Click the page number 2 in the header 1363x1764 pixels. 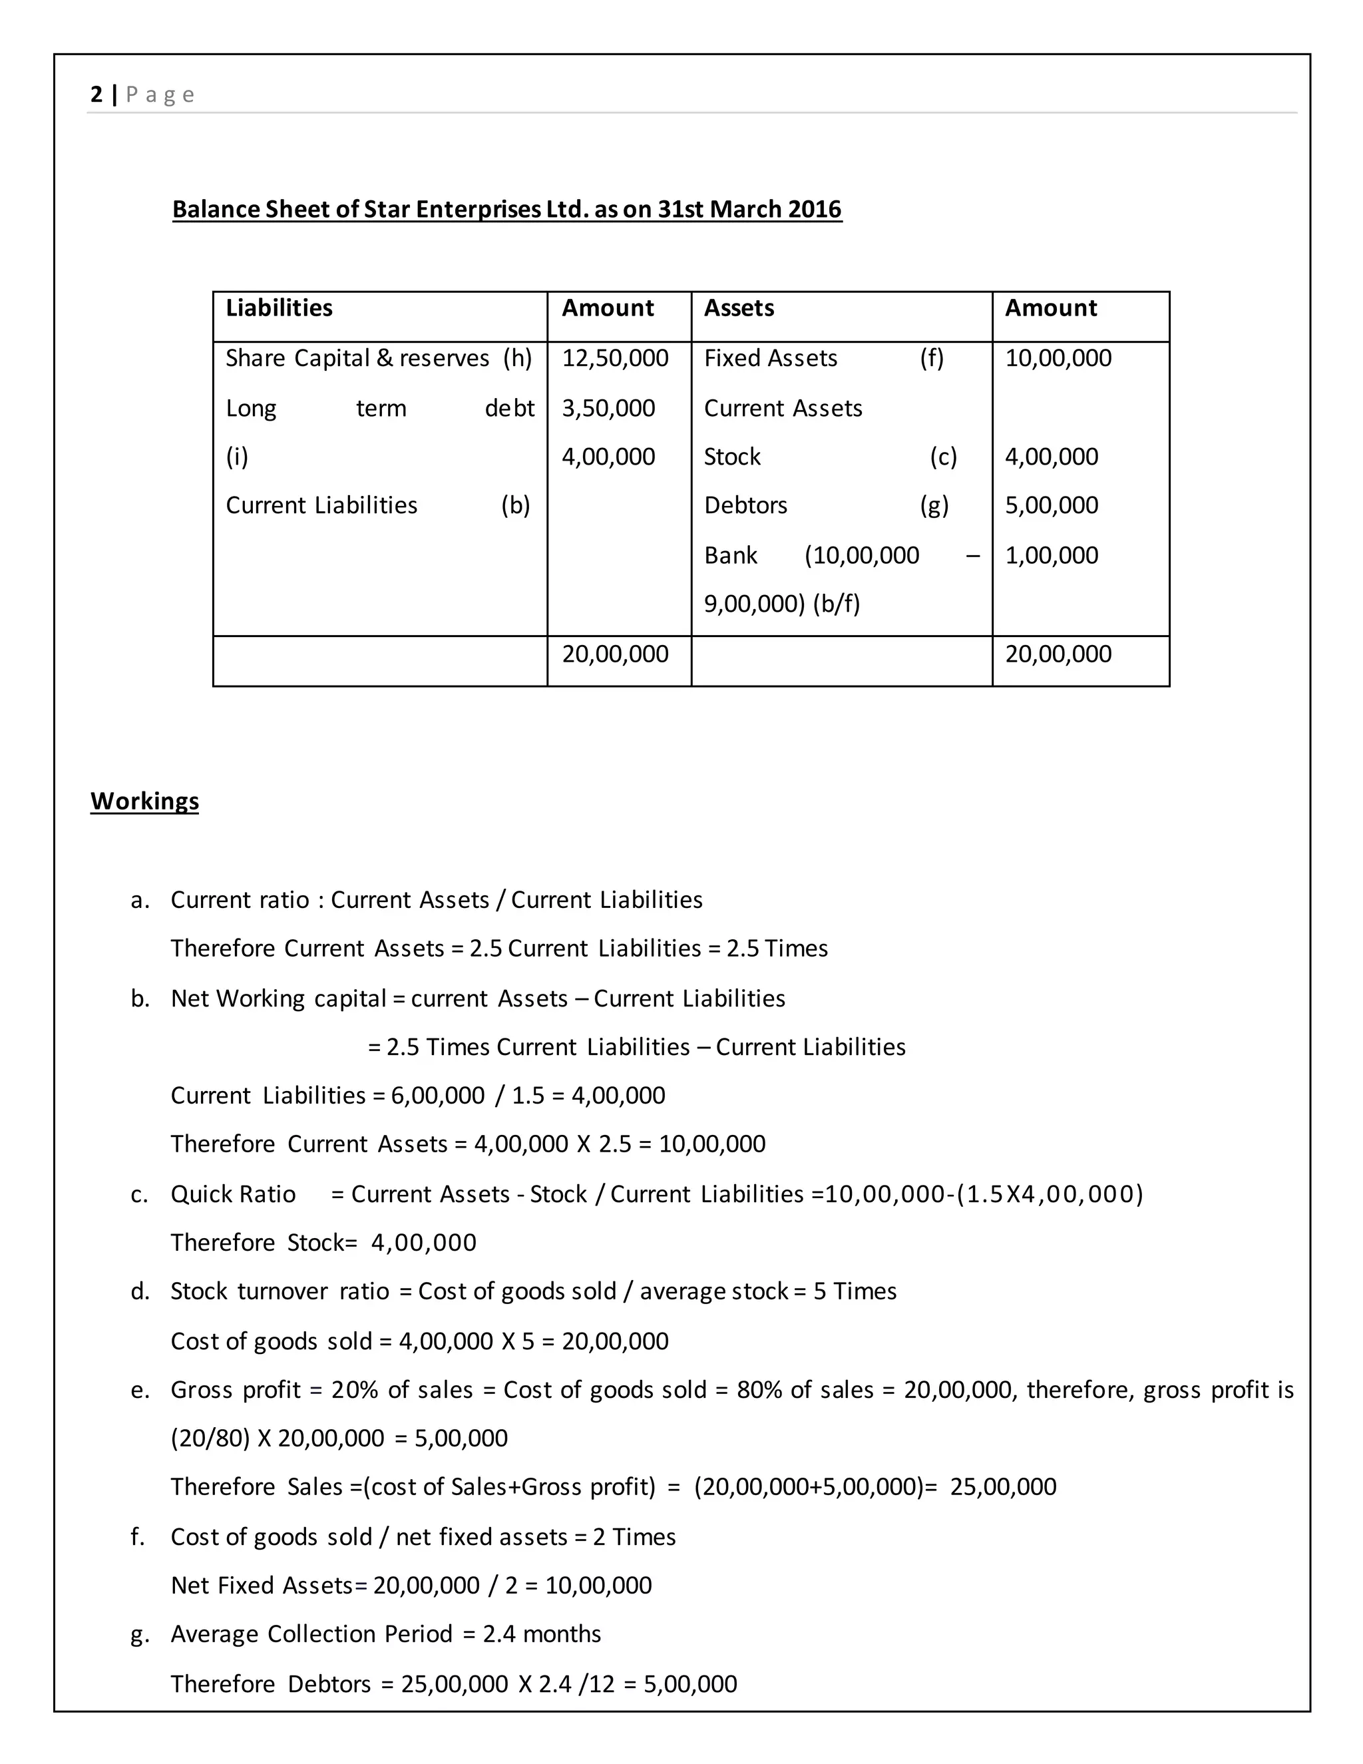tap(96, 95)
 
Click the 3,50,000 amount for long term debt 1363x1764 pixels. tap(608, 408)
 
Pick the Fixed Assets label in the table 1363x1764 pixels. tap(770, 358)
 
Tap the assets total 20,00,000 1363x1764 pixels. tap(1058, 654)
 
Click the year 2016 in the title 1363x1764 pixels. tap(815, 209)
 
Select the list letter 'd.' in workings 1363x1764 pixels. tap(140, 1291)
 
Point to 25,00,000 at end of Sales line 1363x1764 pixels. tap(1003, 1486)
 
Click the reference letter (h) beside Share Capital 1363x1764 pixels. tap(516, 358)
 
